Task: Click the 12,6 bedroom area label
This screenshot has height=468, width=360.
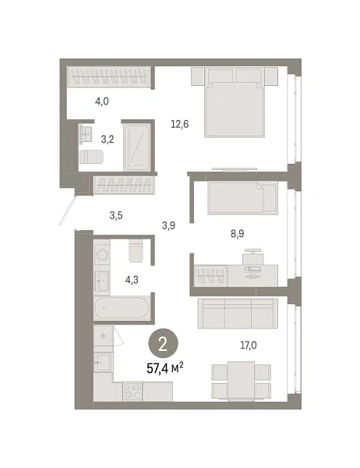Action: [x=180, y=122]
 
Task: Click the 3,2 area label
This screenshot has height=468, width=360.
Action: [x=107, y=140]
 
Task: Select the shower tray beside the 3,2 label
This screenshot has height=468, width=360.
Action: [x=140, y=146]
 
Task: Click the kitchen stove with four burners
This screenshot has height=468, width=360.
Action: [x=132, y=393]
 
